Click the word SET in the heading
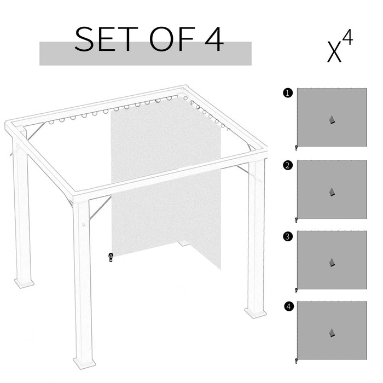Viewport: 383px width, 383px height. (x=106, y=39)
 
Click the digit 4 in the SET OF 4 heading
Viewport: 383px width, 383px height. (x=213, y=39)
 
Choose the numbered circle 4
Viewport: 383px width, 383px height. (x=288, y=306)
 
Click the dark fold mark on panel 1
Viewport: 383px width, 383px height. (x=332, y=120)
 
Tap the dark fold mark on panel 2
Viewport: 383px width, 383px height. (x=332, y=192)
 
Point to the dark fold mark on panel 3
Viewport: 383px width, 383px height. (x=332, y=263)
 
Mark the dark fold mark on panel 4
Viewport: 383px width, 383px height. (x=332, y=333)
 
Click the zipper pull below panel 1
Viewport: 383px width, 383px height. (x=297, y=147)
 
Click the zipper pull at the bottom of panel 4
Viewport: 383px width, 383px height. (x=297, y=360)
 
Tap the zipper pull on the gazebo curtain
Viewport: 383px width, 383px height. (x=111, y=257)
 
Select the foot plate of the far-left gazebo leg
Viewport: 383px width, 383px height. (x=24, y=283)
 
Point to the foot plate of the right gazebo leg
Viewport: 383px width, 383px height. (x=256, y=313)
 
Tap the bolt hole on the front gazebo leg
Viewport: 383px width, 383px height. (x=84, y=224)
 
